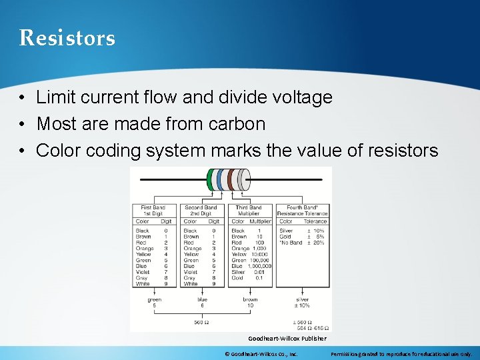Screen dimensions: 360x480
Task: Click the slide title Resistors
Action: [x=67, y=38]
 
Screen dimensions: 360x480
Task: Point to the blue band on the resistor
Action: [x=220, y=180]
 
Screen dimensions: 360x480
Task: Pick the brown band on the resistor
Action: [x=231, y=180]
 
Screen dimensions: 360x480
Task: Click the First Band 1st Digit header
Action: [x=153, y=211]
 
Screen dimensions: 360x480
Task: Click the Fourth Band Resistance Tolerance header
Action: [x=303, y=211]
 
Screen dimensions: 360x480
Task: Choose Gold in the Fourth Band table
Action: [x=285, y=237]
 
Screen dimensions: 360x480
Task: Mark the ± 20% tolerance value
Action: [x=315, y=243]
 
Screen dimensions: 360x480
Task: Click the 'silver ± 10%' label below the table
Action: [x=303, y=303]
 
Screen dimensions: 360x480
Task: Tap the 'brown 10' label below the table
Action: [x=251, y=303]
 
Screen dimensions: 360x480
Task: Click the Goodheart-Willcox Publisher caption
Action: [x=287, y=339]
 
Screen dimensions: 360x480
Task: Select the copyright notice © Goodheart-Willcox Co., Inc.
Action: [x=262, y=354]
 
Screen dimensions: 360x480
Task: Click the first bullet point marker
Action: [x=23, y=98]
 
